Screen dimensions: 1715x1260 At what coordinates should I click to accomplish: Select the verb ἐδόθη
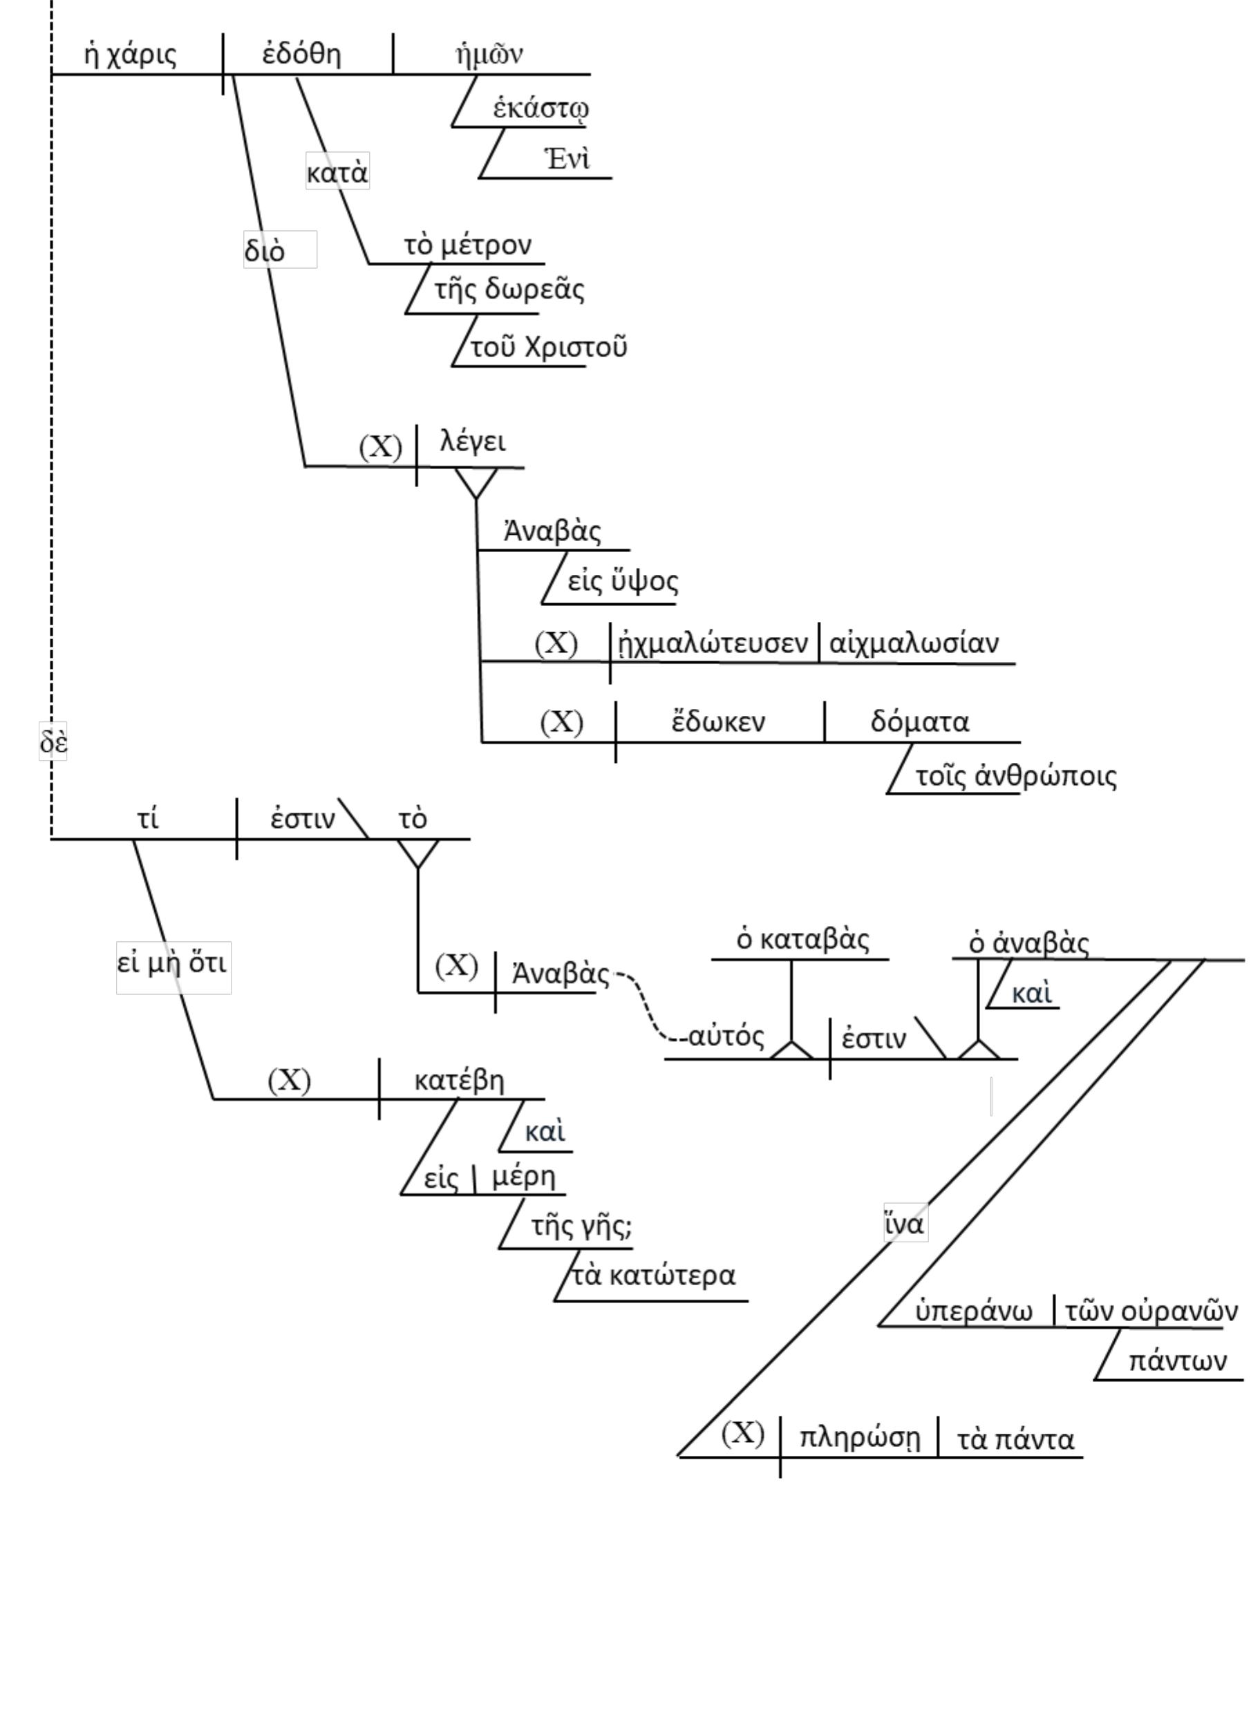pyautogui.click(x=302, y=54)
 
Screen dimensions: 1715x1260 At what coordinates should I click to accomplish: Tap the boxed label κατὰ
pyautogui.click(x=337, y=171)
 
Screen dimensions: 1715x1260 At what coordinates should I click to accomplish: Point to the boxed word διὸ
pyautogui.click(x=265, y=250)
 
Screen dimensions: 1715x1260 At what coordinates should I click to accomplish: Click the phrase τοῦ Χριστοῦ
pyautogui.click(x=548, y=347)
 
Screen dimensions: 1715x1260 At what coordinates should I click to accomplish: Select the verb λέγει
pyautogui.click(x=473, y=442)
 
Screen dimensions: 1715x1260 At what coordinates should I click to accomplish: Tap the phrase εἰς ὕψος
pyautogui.click(x=622, y=581)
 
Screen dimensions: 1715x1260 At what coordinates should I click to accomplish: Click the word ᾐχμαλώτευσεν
pyautogui.click(x=713, y=643)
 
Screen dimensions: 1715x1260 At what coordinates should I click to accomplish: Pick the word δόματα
pyautogui.click(x=920, y=721)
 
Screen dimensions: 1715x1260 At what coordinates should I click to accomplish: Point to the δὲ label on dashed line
pyautogui.click(x=53, y=741)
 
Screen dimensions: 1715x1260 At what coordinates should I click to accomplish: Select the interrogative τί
pyautogui.click(x=148, y=818)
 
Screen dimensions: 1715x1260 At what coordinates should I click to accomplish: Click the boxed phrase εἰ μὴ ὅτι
pyautogui.click(x=172, y=963)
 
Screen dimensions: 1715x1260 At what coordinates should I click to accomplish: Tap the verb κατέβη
pyautogui.click(x=459, y=1080)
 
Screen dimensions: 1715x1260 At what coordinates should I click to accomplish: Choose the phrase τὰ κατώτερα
pyautogui.click(x=654, y=1275)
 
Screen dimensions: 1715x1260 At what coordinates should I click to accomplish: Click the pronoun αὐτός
pyautogui.click(x=725, y=1036)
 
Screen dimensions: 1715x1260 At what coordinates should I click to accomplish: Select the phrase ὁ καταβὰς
pyautogui.click(x=802, y=940)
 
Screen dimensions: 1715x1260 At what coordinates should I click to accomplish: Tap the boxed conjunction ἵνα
pyautogui.click(x=905, y=1224)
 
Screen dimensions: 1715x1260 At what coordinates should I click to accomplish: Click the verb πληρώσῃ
pyautogui.click(x=860, y=1437)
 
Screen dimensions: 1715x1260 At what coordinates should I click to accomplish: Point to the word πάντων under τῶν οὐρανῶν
pyautogui.click(x=1178, y=1361)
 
